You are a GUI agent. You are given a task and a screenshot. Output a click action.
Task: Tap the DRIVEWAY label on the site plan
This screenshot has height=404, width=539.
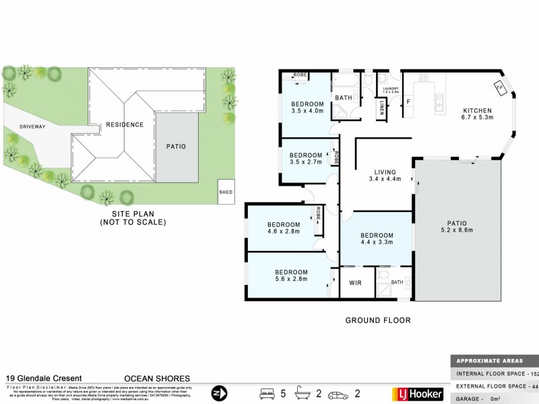[x=32, y=126]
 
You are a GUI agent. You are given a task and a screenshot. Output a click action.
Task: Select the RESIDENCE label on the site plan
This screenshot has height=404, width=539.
[x=125, y=125]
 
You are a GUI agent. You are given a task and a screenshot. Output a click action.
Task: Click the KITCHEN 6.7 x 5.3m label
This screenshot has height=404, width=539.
[x=477, y=114]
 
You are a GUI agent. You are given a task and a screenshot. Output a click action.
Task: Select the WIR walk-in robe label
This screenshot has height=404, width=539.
[x=356, y=283]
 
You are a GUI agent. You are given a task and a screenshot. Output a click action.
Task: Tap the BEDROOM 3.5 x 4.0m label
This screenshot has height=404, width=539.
[x=307, y=107]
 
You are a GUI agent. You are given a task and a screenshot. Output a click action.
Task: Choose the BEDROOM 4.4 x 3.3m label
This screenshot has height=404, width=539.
[x=376, y=239]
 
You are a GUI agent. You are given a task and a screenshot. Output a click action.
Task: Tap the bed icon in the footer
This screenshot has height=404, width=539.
[x=267, y=393]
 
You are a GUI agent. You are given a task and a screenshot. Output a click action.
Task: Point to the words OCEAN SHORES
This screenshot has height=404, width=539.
[x=158, y=378]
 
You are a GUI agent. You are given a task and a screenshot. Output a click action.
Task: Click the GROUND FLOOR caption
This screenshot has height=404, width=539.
[x=378, y=321]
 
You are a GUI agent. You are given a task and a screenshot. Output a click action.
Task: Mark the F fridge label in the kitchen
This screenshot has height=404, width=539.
[x=409, y=102]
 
